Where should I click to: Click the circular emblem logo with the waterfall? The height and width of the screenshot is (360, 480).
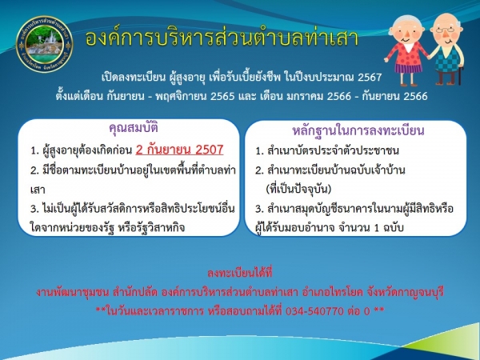44,44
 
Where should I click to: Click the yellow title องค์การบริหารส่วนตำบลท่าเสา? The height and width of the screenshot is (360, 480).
222,38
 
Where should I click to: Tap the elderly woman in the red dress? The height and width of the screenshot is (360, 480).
406,50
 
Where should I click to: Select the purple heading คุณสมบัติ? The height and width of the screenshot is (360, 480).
134,128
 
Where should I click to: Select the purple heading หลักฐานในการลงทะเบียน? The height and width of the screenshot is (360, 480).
358,130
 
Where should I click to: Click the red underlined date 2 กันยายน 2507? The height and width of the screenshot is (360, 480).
179,150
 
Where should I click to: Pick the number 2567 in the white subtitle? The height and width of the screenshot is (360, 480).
370,77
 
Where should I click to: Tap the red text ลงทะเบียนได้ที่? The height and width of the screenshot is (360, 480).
240,273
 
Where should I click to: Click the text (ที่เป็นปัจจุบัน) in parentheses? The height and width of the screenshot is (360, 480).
298,189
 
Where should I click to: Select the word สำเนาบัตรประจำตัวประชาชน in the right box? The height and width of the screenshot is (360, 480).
333,150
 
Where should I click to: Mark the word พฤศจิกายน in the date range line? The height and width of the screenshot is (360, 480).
181,97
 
